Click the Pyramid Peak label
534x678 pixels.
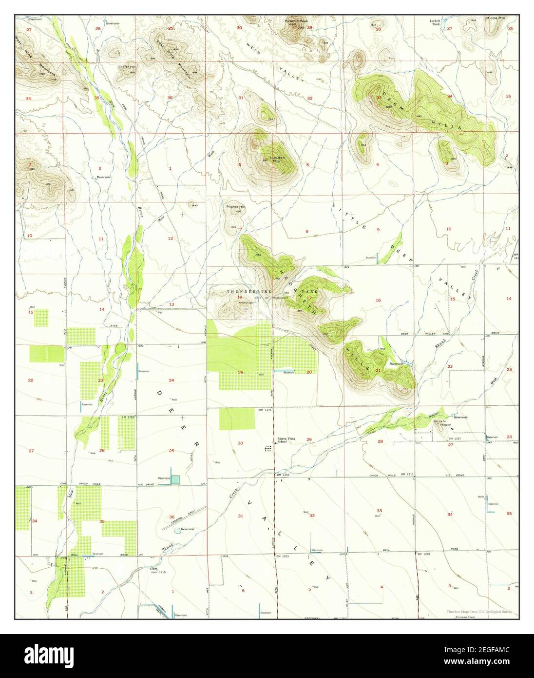pyautogui.click(x=296, y=21)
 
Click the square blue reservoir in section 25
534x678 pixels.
pyautogui.click(x=175, y=479)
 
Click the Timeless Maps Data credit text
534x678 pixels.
pyautogui.click(x=479, y=611)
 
